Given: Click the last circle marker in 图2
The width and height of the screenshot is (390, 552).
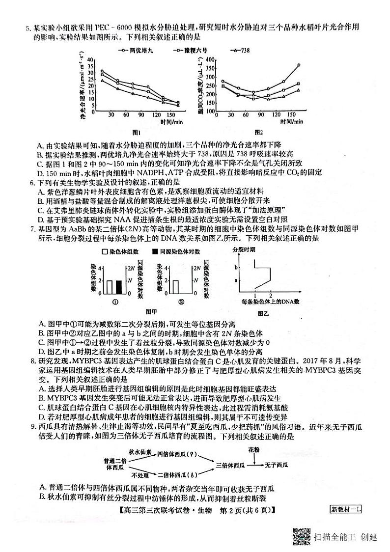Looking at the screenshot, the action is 299,65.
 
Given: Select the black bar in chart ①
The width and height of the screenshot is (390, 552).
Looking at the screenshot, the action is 118,286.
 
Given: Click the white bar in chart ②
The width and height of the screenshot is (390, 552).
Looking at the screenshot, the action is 175,286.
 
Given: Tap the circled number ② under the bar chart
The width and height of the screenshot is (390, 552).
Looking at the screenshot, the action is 181,302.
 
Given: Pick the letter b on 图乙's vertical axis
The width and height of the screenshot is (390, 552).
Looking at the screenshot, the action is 236,268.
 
